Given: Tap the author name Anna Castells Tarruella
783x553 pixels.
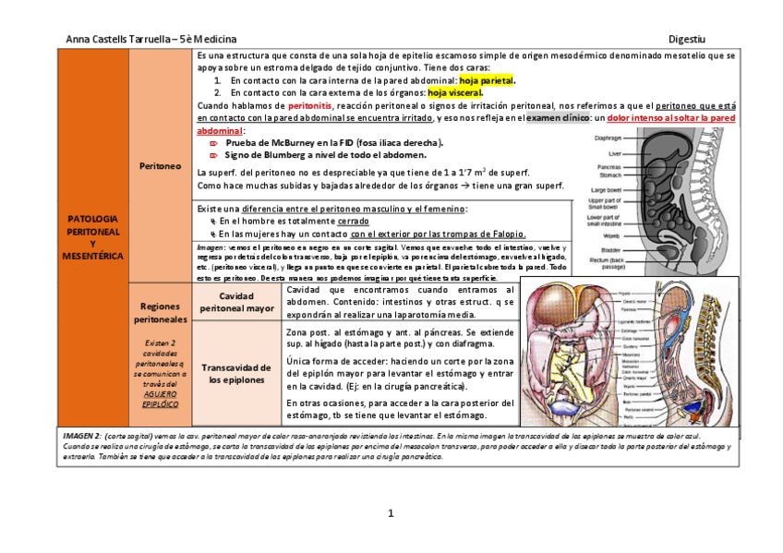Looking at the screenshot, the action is tap(117, 39).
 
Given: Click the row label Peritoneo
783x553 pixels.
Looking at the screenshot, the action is tap(160, 166).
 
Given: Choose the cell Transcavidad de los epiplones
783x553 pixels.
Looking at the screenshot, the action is tap(236, 373).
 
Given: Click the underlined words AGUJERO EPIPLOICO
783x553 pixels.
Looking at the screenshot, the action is tap(160, 399).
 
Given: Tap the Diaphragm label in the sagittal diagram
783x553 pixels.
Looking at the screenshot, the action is tap(608, 138).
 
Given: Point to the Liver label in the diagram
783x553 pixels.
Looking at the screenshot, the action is tap(615, 153).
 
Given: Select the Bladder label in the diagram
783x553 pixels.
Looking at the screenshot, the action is tap(611, 249).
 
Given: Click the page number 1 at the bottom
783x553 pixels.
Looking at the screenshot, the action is tap(391, 513).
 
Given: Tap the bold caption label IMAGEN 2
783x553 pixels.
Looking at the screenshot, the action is tap(80, 434).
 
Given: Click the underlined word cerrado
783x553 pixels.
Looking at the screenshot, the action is tap(353, 222).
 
